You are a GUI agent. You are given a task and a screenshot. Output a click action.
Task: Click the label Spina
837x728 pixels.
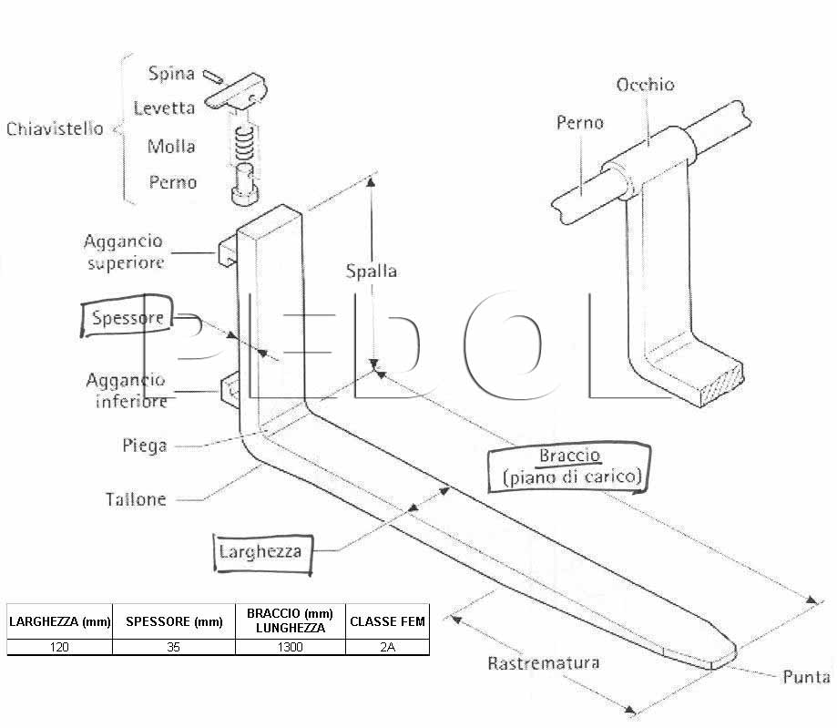[171, 73]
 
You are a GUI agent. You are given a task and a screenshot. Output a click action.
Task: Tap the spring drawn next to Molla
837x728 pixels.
[244, 144]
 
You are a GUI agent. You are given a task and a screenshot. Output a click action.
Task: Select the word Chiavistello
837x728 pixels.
[55, 128]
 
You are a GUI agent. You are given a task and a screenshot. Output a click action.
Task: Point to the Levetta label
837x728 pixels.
[164, 108]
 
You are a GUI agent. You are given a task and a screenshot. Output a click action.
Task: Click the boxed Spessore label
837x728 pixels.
[127, 316]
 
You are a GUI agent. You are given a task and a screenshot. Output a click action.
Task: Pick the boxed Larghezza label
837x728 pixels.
[262, 553]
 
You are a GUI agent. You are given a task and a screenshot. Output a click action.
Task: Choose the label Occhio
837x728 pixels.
[645, 85]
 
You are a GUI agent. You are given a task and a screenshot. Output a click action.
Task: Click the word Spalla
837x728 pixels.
[371, 271]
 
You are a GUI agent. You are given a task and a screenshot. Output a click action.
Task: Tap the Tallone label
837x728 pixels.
[136, 499]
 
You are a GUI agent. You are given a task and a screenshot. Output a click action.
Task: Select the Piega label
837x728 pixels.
[145, 446]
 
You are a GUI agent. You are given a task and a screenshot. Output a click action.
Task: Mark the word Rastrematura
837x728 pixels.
[544, 662]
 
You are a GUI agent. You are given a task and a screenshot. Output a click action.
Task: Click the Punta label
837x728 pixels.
[806, 677]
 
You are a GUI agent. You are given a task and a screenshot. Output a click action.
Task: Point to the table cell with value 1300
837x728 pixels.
[291, 647]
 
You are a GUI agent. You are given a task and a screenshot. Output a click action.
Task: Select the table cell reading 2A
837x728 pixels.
[388, 647]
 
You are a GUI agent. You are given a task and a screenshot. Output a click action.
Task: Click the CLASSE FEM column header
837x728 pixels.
[388, 621]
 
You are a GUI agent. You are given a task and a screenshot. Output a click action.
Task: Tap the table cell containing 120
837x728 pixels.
[59, 647]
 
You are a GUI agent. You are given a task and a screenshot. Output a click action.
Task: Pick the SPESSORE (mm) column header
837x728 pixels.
[174, 621]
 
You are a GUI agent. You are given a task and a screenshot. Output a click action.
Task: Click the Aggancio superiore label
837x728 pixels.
[124, 251]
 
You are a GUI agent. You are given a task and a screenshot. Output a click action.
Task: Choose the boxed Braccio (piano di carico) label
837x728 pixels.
[569, 467]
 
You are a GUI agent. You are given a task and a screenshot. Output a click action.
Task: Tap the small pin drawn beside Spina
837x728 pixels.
[213, 77]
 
